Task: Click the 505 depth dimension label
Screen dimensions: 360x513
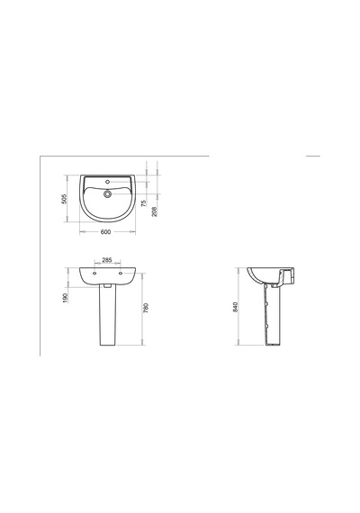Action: click(x=65, y=199)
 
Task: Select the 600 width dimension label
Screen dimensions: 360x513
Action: click(x=105, y=232)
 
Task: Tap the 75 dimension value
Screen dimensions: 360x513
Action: click(x=144, y=203)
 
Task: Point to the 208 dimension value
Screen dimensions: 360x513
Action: click(x=155, y=211)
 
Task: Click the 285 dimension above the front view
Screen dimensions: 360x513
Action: click(x=107, y=260)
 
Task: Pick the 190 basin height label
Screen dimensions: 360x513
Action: click(x=65, y=298)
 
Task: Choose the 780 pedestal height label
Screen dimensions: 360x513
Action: click(x=146, y=308)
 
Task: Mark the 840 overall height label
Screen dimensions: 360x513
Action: click(x=235, y=307)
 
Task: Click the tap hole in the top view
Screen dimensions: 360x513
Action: click(x=107, y=182)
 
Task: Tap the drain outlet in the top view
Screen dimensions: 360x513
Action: click(x=107, y=194)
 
